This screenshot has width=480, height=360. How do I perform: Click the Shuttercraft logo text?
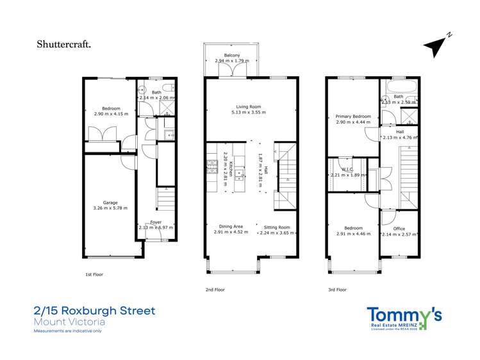[x=64, y=45]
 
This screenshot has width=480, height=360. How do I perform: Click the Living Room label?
[x=248, y=107]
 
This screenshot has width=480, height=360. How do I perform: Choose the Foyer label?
[x=156, y=222]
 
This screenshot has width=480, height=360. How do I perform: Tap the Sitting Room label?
[x=276, y=227]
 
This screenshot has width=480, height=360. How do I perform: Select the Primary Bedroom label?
[x=350, y=117]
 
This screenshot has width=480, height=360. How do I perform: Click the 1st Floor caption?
[x=95, y=274]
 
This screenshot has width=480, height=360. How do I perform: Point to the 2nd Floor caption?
[x=215, y=290]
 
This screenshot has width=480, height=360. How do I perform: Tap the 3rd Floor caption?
[x=337, y=290]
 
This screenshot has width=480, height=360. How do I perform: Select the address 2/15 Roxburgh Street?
[x=94, y=311]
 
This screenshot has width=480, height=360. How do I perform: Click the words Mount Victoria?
[x=69, y=322]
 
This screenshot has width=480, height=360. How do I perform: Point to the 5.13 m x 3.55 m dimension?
[x=248, y=113]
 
